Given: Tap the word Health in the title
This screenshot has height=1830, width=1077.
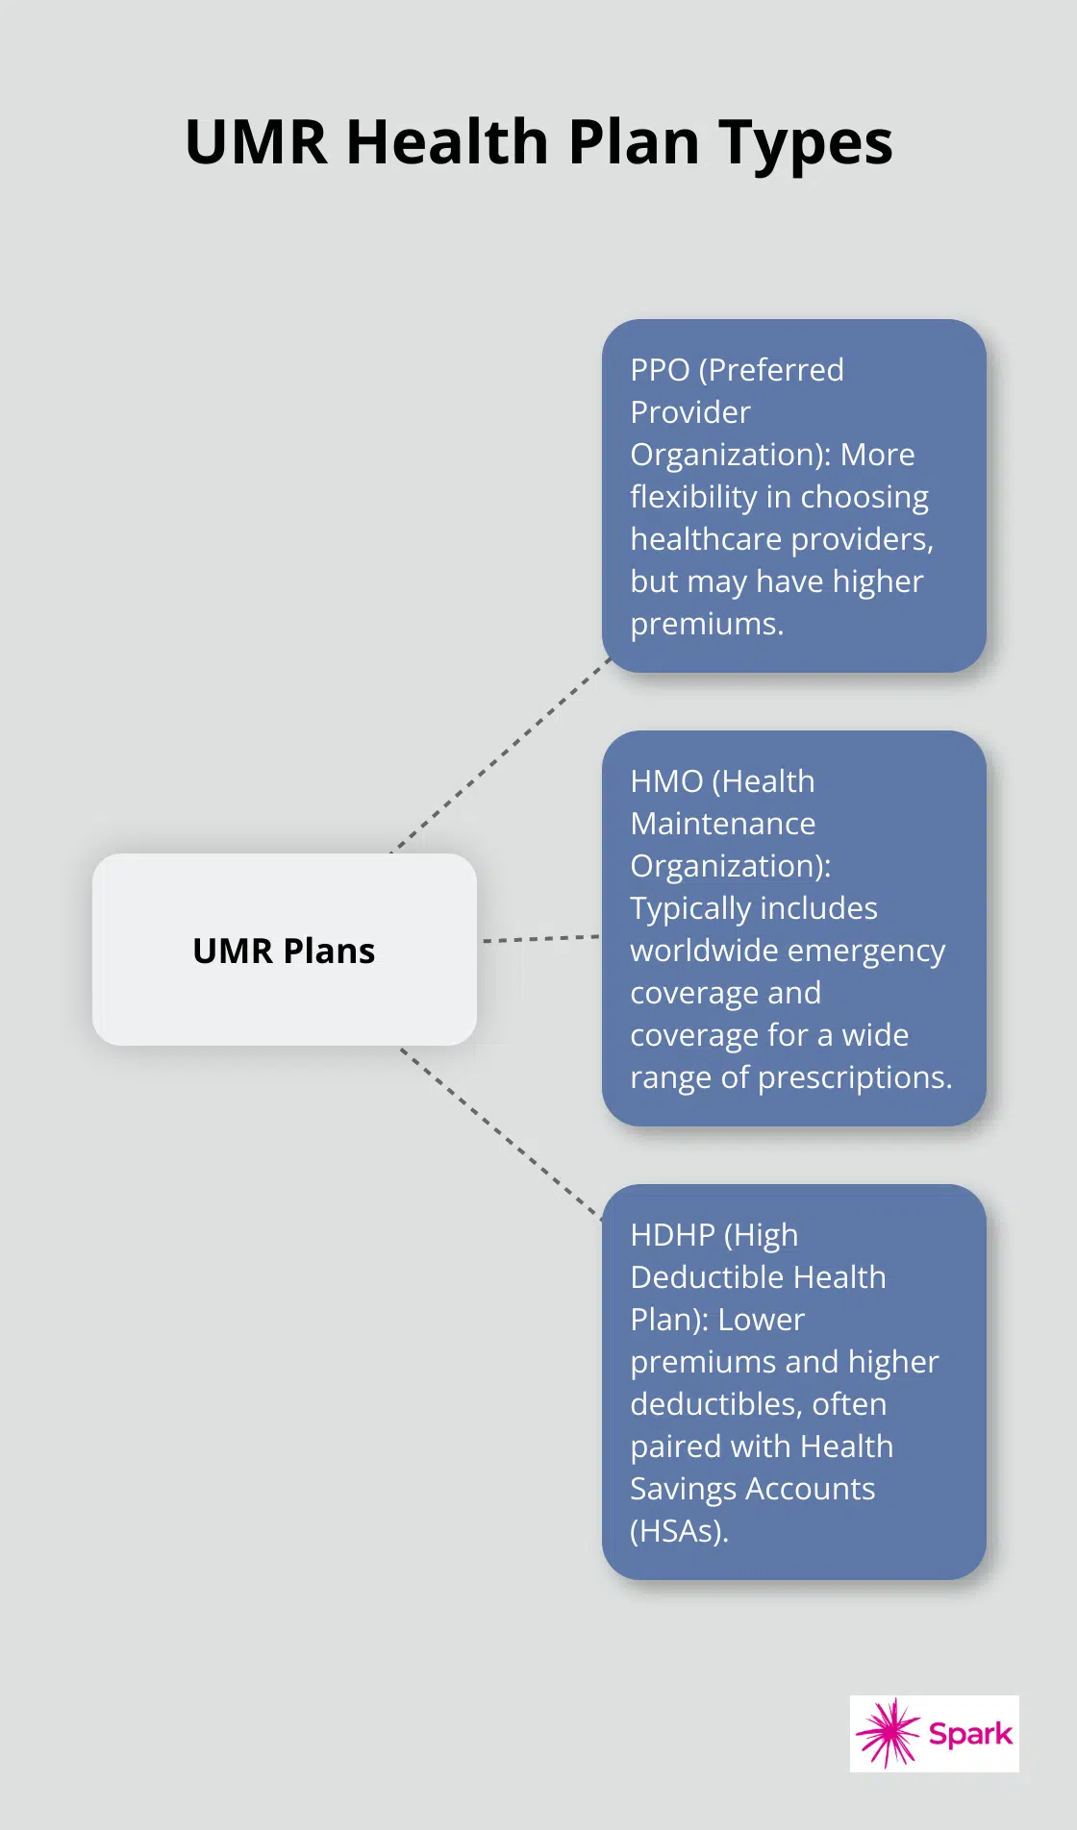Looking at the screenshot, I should point(446,142).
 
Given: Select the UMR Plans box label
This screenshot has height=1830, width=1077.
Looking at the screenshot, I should point(284,951).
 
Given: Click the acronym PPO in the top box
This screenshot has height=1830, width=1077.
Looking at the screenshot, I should point(660,370).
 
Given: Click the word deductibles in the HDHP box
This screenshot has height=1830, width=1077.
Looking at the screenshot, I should point(716,1404).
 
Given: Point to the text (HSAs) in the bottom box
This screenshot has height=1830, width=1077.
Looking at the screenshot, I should point(679,1531).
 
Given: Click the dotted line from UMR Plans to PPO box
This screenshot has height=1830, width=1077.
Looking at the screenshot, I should point(500,756).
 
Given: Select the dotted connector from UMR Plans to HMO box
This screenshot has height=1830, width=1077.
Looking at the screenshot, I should point(539,938).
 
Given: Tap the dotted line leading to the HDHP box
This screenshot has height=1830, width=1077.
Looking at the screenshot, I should point(500,1132).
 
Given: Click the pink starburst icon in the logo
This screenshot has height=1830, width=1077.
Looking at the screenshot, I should point(889,1733).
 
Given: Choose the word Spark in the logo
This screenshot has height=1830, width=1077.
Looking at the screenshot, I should point(969,1734).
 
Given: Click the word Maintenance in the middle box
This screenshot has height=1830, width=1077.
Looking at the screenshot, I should point(722,824).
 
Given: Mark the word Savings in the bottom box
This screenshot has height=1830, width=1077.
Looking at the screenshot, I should point(684,1489).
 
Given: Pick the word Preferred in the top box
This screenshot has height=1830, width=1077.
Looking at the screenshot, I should point(771,370).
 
